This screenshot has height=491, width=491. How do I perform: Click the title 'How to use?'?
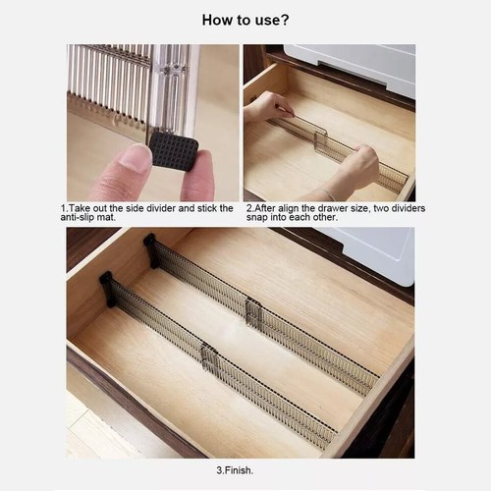click(x=245, y=20)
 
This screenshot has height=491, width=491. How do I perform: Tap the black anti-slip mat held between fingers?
click(x=174, y=152)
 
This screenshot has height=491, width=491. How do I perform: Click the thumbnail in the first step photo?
click(x=130, y=160)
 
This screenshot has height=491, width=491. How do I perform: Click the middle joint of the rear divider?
click(x=253, y=312)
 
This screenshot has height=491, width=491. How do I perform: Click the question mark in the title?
click(x=285, y=20)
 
